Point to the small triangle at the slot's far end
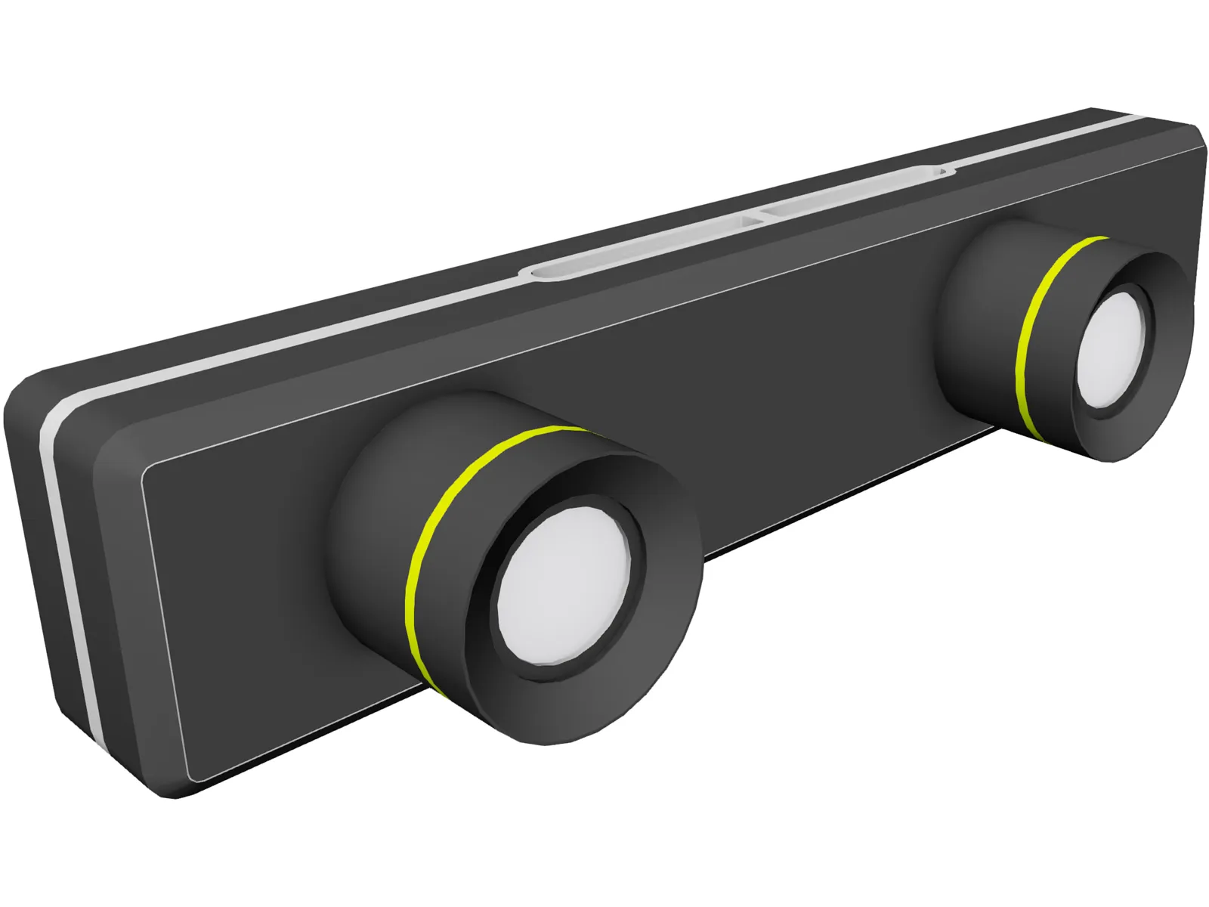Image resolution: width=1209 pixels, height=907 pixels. (x=942, y=172)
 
